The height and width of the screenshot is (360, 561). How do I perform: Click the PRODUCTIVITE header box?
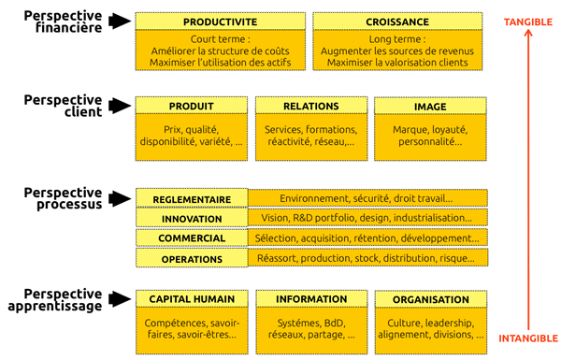tap(220, 21)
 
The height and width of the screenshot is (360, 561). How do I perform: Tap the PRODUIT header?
tap(192, 106)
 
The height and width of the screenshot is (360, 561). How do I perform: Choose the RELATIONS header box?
tap(310, 106)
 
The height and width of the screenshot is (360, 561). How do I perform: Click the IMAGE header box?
tap(430, 106)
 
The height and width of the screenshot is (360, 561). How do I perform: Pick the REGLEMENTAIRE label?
tap(192, 199)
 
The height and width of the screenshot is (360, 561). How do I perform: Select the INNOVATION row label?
tap(192, 219)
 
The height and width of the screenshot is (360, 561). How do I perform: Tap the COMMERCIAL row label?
tap(192, 238)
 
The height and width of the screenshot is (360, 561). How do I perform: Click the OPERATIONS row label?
tap(192, 258)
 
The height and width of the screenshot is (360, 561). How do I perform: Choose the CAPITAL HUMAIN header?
tap(192, 299)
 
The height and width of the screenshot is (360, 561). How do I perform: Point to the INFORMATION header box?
tap(310, 299)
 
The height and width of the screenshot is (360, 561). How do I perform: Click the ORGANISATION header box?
tap(431, 299)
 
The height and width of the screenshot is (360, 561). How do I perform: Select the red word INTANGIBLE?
tap(528, 338)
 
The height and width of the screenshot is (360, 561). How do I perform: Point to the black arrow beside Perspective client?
tap(120, 106)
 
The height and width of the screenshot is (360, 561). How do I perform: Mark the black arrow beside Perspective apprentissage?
tap(120, 299)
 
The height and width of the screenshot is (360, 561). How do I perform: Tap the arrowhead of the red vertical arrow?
tap(528, 37)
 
